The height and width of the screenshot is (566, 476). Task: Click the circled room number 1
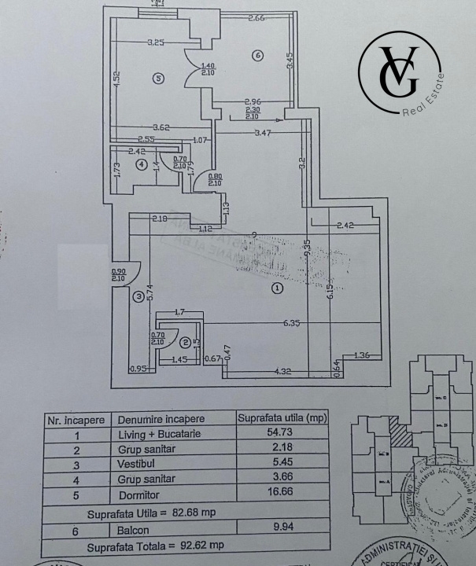[x=276, y=289]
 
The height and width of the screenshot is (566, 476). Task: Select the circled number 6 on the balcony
[x=257, y=55]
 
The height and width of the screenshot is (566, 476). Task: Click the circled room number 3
[x=138, y=296]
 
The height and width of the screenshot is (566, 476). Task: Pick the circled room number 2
[x=185, y=342]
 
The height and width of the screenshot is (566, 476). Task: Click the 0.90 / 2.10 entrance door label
[x=119, y=276]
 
